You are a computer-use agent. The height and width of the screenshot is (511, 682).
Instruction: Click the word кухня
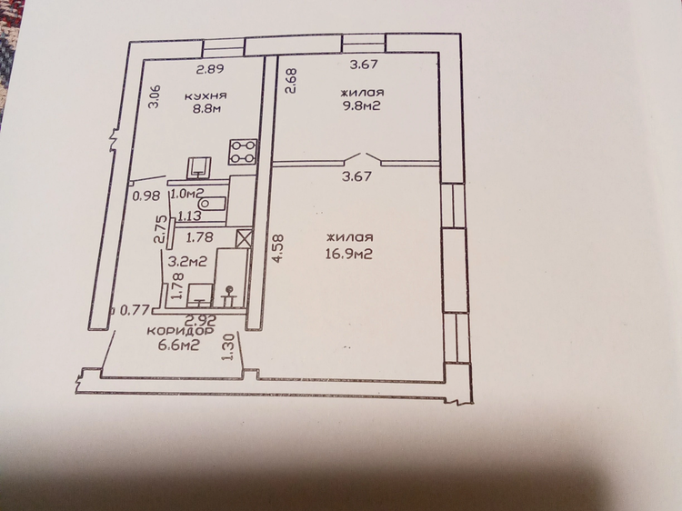click(x=206, y=95)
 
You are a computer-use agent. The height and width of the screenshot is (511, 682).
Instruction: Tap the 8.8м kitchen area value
click(x=207, y=108)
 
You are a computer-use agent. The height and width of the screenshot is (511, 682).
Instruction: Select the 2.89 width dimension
click(x=209, y=69)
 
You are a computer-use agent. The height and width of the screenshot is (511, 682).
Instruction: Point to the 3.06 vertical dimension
click(x=155, y=96)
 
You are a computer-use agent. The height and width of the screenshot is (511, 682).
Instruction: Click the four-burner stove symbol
click(x=243, y=152)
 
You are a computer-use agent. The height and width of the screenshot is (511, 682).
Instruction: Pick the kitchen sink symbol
click(x=199, y=168)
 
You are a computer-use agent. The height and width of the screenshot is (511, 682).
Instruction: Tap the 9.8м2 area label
click(x=361, y=105)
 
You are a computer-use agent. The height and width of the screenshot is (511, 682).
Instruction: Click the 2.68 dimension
click(x=290, y=80)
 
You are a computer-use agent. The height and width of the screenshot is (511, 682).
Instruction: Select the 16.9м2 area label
click(x=349, y=254)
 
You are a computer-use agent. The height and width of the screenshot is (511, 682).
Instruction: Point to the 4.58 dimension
click(x=277, y=248)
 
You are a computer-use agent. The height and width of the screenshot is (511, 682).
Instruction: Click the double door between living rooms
click(x=363, y=159)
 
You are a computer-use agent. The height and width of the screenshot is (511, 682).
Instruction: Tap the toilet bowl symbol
click(x=212, y=204)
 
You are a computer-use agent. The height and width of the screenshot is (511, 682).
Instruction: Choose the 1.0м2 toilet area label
click(x=188, y=194)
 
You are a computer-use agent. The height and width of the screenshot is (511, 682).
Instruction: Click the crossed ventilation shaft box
click(x=244, y=238)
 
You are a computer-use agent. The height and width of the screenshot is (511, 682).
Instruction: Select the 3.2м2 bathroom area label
click(x=187, y=261)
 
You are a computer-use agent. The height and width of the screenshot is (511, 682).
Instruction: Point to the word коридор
click(x=180, y=331)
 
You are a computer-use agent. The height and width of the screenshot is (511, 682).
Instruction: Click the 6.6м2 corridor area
click(x=180, y=346)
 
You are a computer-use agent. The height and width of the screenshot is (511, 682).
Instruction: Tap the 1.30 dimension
click(x=228, y=346)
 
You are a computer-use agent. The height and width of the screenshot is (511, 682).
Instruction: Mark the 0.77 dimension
click(x=135, y=310)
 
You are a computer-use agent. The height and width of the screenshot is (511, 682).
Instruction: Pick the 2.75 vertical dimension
click(x=160, y=230)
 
